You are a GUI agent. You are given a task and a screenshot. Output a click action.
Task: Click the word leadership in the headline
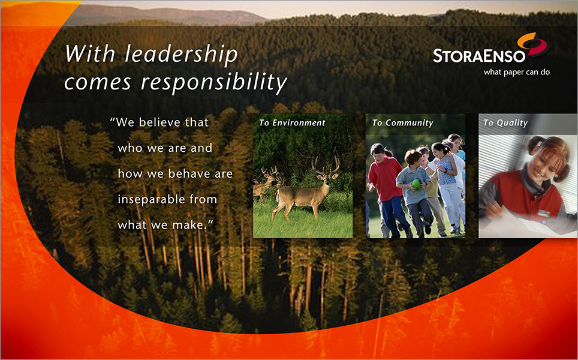[181, 55]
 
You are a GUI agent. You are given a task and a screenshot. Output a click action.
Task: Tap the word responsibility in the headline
[214, 82]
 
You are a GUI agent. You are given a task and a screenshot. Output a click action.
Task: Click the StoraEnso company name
[479, 56]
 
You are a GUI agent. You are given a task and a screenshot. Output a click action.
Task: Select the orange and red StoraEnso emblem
[533, 44]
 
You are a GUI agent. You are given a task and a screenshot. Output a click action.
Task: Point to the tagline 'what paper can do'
[516, 72]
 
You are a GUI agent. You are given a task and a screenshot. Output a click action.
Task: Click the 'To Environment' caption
[292, 123]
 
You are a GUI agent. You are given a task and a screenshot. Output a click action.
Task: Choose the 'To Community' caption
[402, 123]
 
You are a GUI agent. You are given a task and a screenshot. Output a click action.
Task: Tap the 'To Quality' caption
[505, 123]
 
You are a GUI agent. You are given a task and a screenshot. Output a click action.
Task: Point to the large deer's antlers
[326, 165]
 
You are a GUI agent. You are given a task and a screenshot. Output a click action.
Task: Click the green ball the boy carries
[416, 184]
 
